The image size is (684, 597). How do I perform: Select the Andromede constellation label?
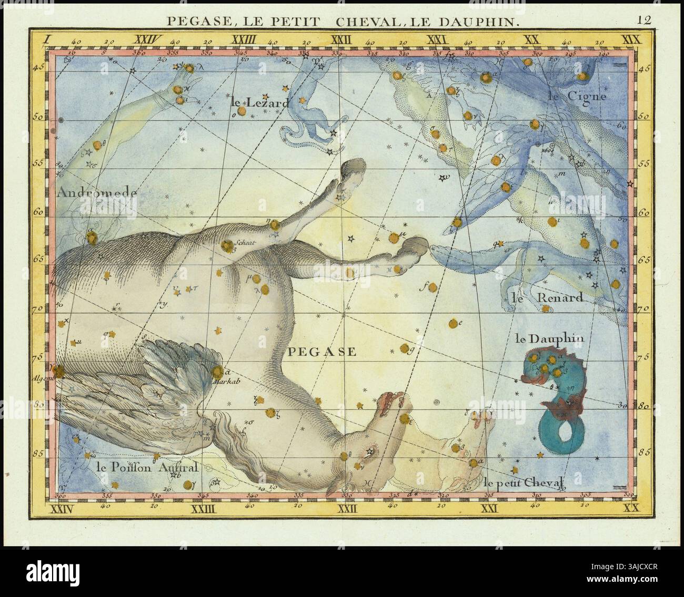point(97,193)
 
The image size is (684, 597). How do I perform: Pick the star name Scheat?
point(246,243)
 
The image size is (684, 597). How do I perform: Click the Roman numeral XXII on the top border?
point(340,39)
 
